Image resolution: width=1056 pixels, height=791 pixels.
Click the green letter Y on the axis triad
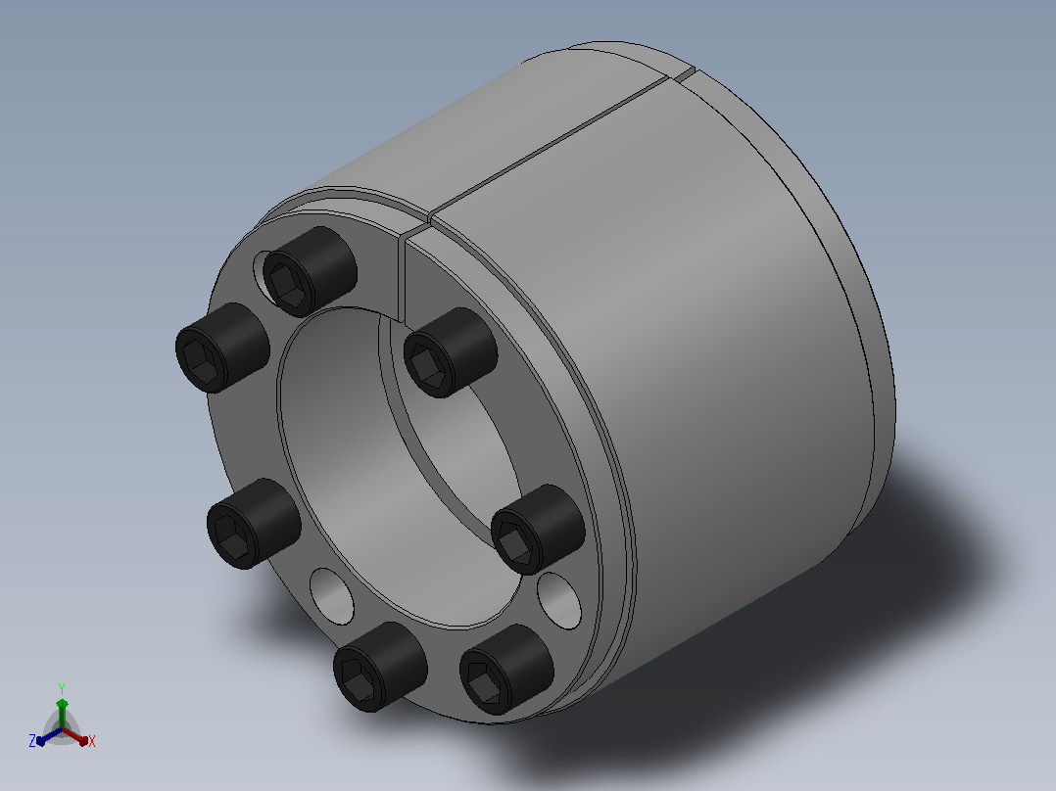pos(62,689)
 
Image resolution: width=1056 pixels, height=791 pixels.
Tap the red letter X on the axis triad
pos(92,741)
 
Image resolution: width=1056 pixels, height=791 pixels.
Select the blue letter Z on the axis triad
pos(32,741)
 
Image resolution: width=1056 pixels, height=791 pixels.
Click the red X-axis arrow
pos(76,736)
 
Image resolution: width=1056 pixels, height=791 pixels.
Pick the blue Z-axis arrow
pos(49,736)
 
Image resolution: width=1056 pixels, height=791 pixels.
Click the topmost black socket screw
pos(310,271)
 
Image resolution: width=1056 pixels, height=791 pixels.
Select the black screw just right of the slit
pos(450,352)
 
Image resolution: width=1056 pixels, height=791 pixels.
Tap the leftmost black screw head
pos(222,348)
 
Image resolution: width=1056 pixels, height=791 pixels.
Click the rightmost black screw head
pos(538,530)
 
